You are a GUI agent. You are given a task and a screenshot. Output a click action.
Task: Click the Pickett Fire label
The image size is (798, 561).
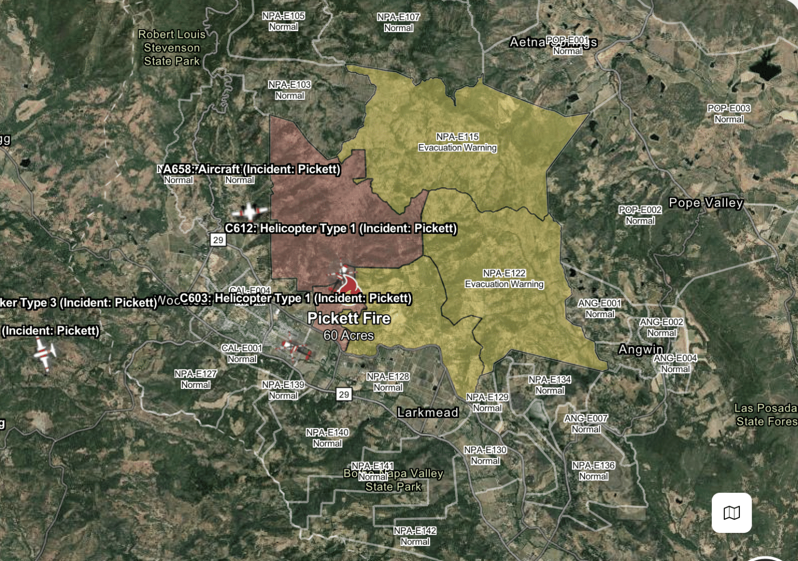[x=349, y=318]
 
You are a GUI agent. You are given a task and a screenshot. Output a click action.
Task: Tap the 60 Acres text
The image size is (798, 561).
[x=349, y=335]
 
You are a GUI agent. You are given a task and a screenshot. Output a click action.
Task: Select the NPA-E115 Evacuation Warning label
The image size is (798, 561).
[x=457, y=142]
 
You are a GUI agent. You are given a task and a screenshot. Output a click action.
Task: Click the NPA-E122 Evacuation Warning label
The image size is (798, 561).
[x=504, y=279]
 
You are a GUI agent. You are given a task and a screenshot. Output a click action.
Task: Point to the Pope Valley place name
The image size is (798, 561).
[x=706, y=203]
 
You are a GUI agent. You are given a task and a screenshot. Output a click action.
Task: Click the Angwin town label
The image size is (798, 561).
[x=641, y=349]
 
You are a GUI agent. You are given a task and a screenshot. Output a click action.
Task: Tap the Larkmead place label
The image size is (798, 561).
[x=428, y=412]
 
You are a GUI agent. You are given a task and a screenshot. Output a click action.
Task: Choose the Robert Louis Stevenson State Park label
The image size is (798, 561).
[x=172, y=48]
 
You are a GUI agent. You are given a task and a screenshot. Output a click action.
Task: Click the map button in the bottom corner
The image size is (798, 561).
[x=731, y=513]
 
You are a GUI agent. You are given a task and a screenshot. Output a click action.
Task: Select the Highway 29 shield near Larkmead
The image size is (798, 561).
[x=343, y=394]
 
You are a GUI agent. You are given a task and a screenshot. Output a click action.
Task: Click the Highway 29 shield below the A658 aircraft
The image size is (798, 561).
[x=218, y=240]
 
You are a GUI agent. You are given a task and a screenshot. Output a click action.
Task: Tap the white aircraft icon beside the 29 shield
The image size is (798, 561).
[x=250, y=211]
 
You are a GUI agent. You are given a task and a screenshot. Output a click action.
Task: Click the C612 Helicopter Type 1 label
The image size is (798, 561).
[x=341, y=228]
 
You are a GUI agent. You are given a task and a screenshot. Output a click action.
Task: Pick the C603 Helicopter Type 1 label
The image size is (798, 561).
[x=296, y=298]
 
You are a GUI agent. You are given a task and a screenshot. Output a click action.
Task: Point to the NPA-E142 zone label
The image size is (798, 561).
[x=415, y=536]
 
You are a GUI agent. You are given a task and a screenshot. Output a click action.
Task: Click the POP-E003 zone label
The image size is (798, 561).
[x=728, y=114]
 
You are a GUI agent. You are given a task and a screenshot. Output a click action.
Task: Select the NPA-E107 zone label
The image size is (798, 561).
[x=398, y=22]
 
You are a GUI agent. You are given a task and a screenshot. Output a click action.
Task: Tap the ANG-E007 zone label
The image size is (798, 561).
[x=586, y=424]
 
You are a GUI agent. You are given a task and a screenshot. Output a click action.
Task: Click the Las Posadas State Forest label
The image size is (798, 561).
[x=766, y=415]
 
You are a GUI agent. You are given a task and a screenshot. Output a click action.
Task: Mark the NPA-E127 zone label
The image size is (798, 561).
[x=195, y=379]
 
